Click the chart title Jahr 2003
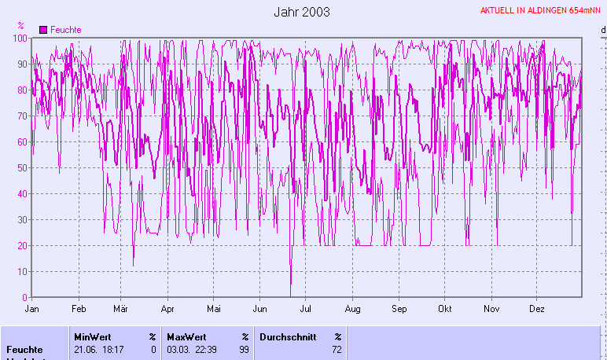302,12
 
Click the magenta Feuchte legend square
43,29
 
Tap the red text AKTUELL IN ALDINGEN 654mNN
541,11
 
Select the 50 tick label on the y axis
24,168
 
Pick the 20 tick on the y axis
24,246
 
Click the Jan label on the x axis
32,309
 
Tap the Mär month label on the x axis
122,309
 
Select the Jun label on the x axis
259,309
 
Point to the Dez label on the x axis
536,309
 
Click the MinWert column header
93,336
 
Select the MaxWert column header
186,336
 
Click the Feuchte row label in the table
24,350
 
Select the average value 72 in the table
337,350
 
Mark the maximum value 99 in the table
244,350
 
